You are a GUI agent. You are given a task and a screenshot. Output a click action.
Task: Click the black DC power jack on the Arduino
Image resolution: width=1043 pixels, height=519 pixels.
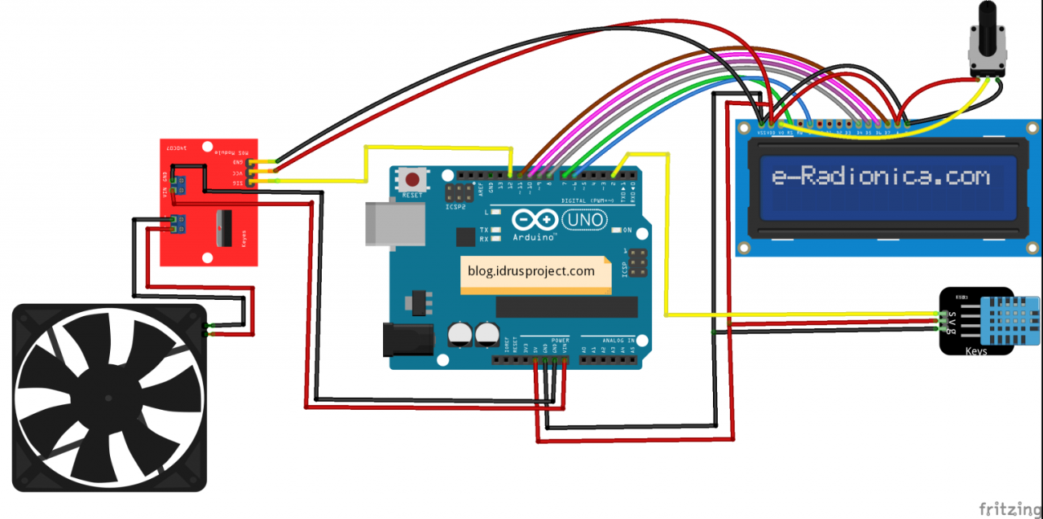click(404, 339)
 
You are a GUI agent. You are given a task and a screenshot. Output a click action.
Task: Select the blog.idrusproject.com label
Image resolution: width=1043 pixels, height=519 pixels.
click(531, 271)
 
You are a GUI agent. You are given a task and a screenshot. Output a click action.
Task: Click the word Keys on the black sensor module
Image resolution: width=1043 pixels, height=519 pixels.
click(976, 350)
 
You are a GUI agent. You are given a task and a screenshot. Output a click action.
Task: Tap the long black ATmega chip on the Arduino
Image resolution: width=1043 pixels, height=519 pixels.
click(566, 306)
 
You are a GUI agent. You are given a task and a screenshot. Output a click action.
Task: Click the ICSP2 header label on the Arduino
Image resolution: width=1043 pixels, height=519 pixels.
click(457, 207)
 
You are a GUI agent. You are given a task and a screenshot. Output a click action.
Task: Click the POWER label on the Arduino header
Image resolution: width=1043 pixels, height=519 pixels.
click(561, 340)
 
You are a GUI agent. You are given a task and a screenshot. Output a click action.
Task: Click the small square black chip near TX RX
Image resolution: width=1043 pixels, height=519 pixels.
click(465, 236)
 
